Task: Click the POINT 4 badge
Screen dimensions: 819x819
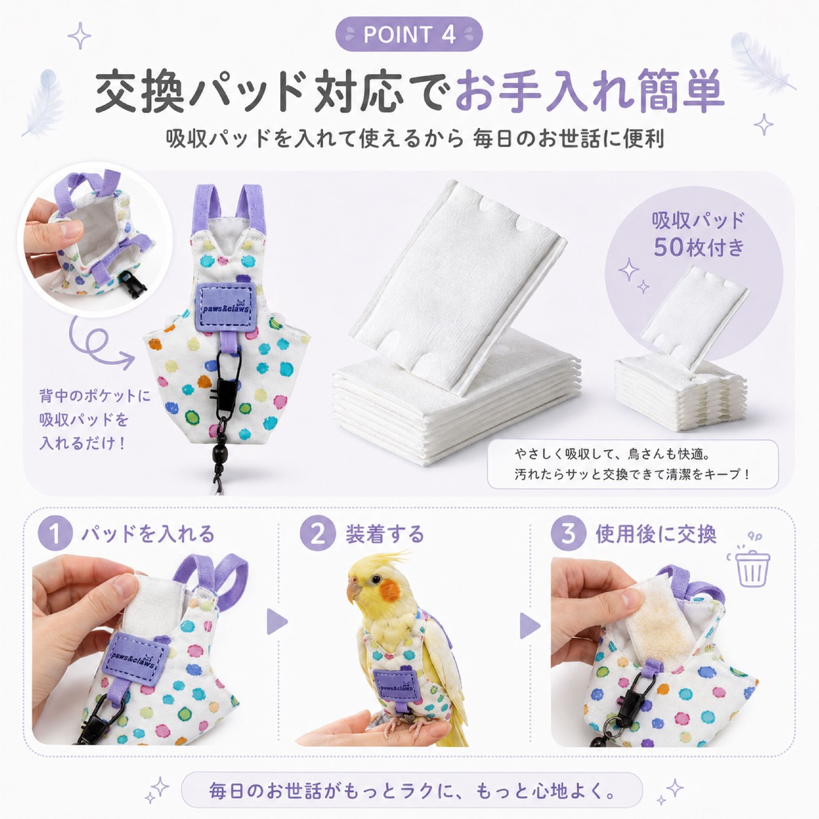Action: point(409,35)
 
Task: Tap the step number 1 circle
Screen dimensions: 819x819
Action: point(55,534)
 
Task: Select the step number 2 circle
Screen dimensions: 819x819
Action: point(317,534)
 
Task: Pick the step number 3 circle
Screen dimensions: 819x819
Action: point(568,534)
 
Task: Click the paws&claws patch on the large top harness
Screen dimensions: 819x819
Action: point(225,307)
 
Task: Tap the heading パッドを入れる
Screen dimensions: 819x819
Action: point(148,534)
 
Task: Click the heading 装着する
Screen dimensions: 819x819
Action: point(385,534)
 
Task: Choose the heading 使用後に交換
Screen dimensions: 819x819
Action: point(656,534)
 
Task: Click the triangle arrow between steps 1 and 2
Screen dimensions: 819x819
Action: point(277,622)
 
